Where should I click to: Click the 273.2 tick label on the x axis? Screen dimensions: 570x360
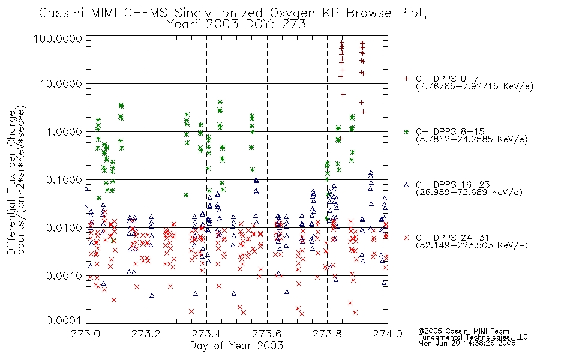(x=146, y=334)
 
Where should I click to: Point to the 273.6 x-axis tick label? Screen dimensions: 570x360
(x=267, y=334)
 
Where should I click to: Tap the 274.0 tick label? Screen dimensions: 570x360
(x=388, y=334)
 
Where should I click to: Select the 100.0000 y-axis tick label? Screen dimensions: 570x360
(x=58, y=38)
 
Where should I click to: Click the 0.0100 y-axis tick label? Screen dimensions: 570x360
(x=64, y=228)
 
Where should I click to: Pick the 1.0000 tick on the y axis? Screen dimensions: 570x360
(x=64, y=132)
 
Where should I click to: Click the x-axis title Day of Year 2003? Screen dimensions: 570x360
(x=236, y=346)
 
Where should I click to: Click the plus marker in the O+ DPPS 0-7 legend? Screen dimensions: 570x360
(x=406, y=79)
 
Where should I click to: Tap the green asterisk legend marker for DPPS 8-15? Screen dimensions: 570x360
(x=406, y=131)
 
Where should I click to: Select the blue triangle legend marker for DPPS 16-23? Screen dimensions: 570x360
(x=406, y=185)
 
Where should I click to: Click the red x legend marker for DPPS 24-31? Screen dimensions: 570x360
(x=406, y=238)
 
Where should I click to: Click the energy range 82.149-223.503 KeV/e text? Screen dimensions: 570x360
(x=472, y=245)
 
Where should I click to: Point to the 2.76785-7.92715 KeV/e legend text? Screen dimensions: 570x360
(x=475, y=86)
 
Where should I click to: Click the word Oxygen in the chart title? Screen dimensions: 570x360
(x=292, y=13)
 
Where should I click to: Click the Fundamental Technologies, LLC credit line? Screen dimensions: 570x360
(x=473, y=337)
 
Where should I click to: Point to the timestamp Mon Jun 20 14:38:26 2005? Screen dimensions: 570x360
(x=467, y=343)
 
